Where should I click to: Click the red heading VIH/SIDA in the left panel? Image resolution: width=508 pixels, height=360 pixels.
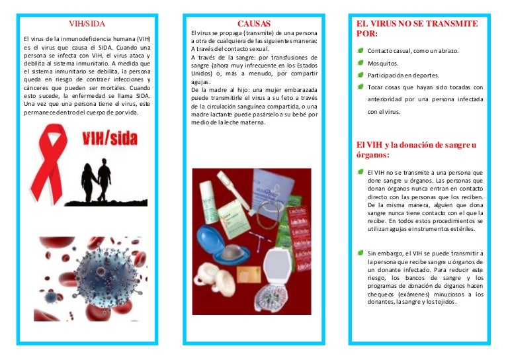point(87,24)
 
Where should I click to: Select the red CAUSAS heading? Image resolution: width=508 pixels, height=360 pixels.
point(255,24)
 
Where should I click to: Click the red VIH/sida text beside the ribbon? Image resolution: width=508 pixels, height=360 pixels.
point(108,140)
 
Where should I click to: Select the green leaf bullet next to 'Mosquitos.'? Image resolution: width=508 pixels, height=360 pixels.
point(360,64)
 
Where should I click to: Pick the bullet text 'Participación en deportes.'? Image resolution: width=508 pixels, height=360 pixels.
point(405,76)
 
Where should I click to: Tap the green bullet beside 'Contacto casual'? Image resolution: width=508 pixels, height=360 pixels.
point(360,51)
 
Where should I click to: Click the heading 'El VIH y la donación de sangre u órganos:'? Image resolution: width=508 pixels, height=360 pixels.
point(415,150)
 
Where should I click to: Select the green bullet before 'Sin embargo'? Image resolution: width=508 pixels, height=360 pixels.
point(360,253)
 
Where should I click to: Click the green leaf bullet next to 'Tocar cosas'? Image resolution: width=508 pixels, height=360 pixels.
point(360,87)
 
